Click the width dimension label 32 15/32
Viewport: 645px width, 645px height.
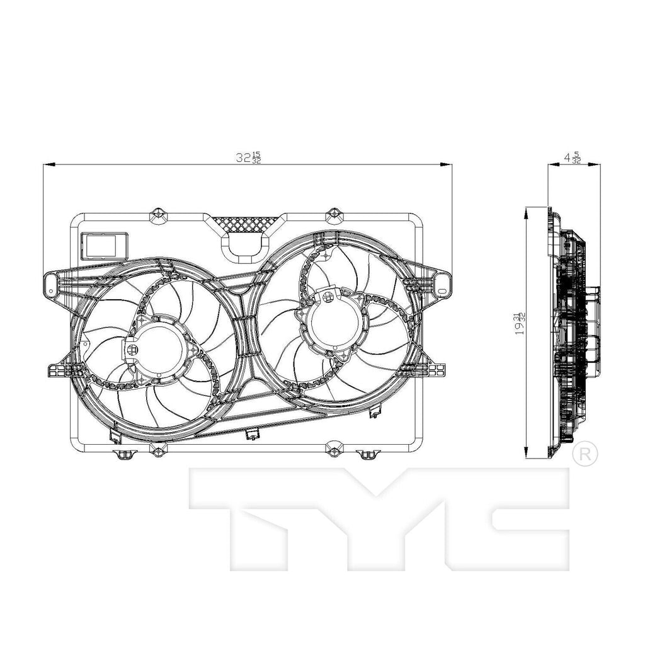248,157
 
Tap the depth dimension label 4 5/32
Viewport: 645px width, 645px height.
573,157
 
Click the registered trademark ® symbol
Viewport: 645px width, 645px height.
585,454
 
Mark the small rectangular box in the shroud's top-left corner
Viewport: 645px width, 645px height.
105,244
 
